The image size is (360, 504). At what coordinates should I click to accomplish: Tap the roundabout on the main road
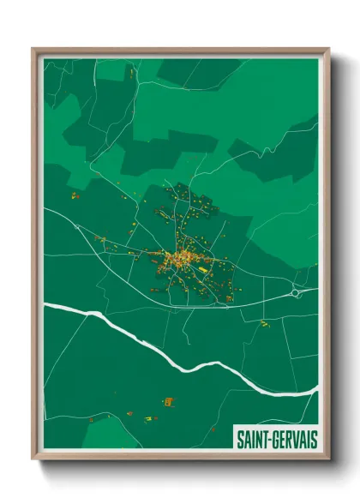tap(297, 293)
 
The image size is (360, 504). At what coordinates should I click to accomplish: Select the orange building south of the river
tap(168, 401)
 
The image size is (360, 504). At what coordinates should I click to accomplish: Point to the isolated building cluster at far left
tap(75, 196)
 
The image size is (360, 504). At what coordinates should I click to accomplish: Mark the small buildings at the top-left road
tap(132, 75)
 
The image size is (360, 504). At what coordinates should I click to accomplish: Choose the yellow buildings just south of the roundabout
tap(265, 323)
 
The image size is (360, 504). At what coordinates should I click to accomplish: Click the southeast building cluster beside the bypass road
tap(229, 297)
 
